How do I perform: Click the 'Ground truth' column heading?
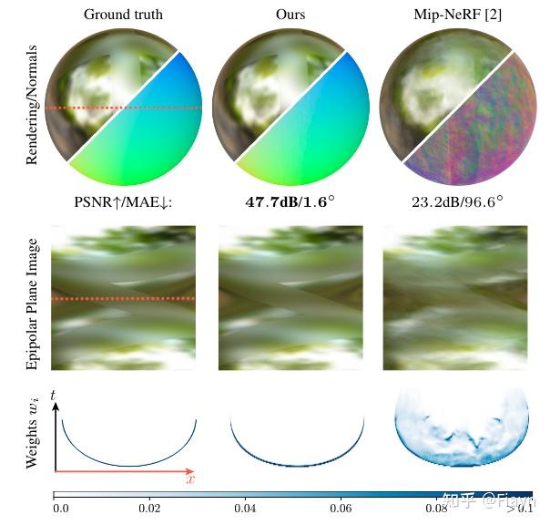coord(125,15)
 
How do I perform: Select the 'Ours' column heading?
coord(290,15)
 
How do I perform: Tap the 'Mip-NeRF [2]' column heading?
coord(458,15)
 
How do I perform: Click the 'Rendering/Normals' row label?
coord(33,104)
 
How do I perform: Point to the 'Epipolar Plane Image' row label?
coord(33,304)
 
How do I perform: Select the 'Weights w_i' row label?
coord(33,432)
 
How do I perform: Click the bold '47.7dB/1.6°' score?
coord(290,201)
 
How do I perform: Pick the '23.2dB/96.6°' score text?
coord(457,201)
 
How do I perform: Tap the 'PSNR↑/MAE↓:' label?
coord(125,201)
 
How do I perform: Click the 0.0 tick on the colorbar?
coord(61,507)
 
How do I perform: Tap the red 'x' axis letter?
coord(190,478)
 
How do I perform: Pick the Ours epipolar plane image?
coord(291,297)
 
